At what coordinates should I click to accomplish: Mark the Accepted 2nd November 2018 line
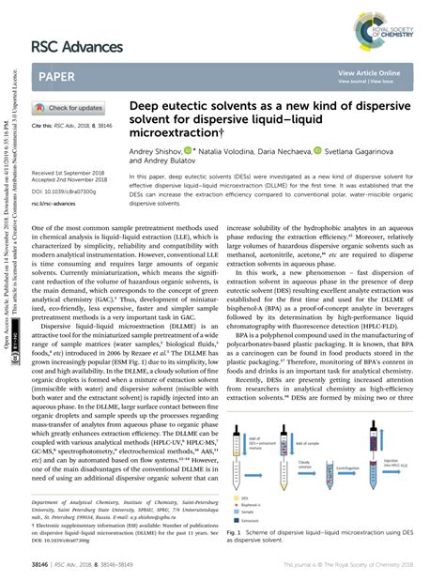(72, 181)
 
